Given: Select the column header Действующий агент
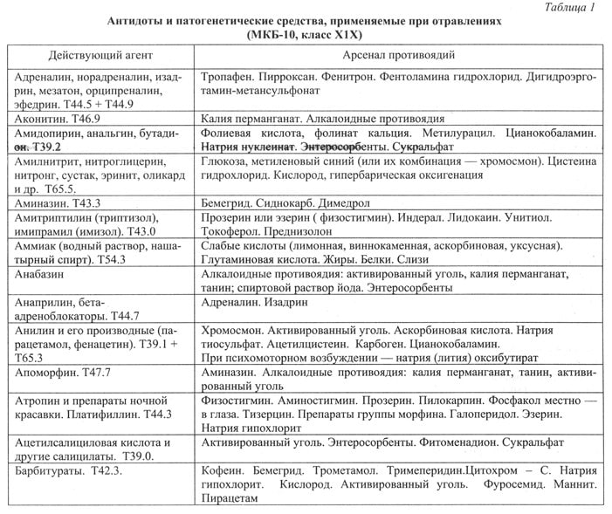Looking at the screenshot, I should click(96, 54).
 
